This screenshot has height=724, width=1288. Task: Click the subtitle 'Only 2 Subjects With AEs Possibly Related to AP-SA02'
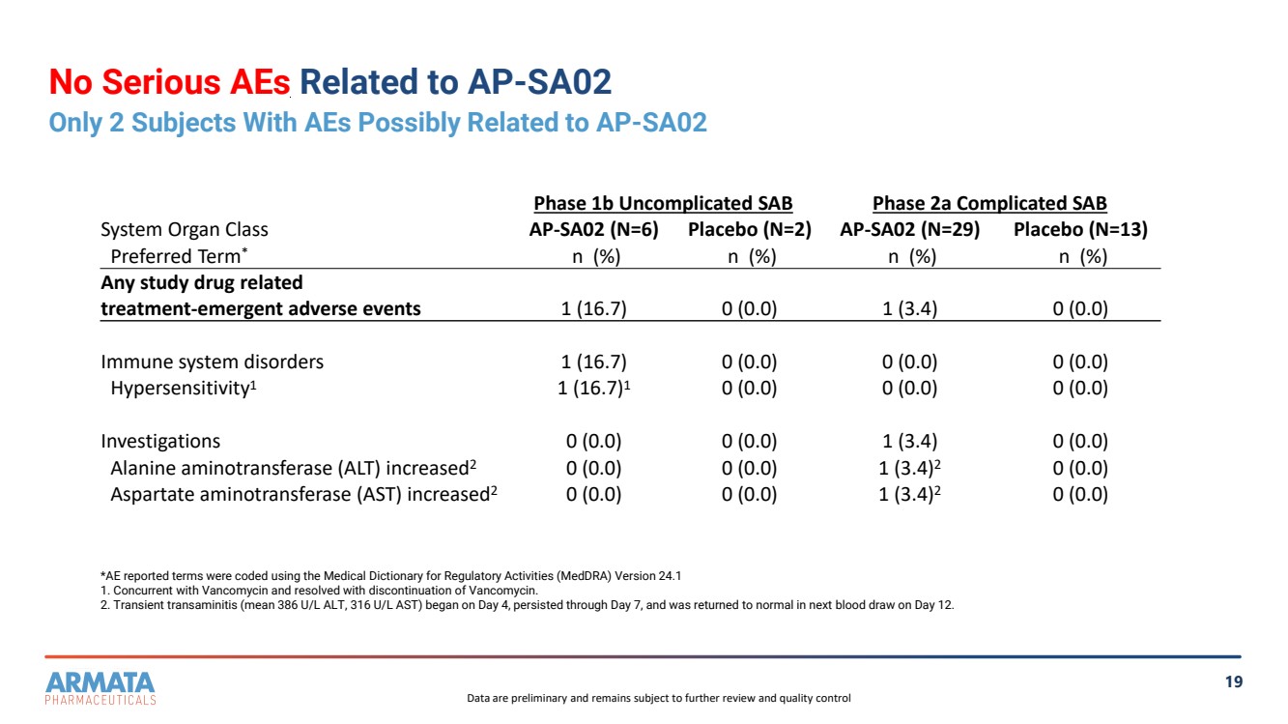click(x=378, y=123)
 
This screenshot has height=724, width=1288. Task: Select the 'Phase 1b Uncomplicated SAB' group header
click(x=663, y=204)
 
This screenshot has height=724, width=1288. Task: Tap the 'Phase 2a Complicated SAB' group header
click(x=989, y=204)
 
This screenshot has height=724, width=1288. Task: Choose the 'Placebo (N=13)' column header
click(x=1080, y=230)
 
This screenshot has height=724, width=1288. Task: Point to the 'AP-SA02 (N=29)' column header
click(x=910, y=230)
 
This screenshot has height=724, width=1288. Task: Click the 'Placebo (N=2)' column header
click(x=749, y=230)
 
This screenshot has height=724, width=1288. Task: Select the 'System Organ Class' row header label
click(x=185, y=230)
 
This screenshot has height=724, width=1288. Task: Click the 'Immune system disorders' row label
click(x=213, y=362)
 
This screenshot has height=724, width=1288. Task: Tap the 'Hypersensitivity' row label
click(x=182, y=389)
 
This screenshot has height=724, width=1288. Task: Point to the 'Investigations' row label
click(x=160, y=442)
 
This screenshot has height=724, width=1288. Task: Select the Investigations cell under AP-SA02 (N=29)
click(x=908, y=442)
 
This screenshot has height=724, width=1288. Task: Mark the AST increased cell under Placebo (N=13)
click(x=1080, y=494)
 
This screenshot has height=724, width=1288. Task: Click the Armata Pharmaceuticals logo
click(x=100, y=687)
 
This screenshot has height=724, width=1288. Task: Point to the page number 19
click(x=1234, y=682)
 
